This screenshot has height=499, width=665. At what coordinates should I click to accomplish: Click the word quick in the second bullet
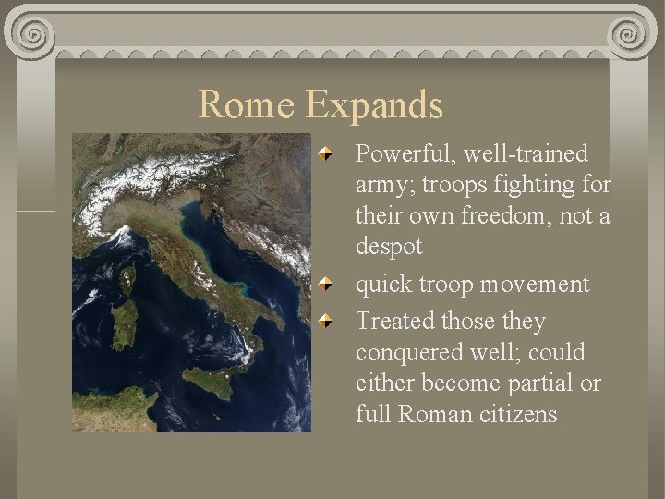pos(383,285)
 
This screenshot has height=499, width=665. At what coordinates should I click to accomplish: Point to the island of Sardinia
pos(124,319)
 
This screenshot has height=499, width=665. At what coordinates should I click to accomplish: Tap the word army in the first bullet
pos(379,185)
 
